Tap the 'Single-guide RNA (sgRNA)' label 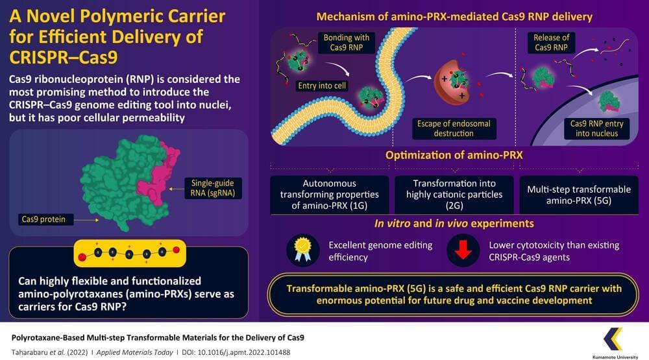[x=213, y=188]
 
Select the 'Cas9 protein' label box [x=43, y=219]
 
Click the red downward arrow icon [x=463, y=250]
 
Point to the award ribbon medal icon [x=302, y=250]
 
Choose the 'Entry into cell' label [x=322, y=86]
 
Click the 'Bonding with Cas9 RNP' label [x=347, y=42]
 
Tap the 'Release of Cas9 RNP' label [x=551, y=42]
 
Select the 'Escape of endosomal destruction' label [x=454, y=128]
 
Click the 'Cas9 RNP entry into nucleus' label [x=597, y=128]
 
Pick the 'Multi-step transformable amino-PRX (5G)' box [x=579, y=195]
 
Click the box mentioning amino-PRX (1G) [x=330, y=195]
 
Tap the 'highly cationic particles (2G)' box [x=454, y=195]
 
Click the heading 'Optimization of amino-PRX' [x=454, y=155]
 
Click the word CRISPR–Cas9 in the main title [x=64, y=58]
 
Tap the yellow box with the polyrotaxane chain [x=130, y=253]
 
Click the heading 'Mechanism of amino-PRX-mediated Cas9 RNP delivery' [x=454, y=17]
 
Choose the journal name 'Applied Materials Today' [x=134, y=353]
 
